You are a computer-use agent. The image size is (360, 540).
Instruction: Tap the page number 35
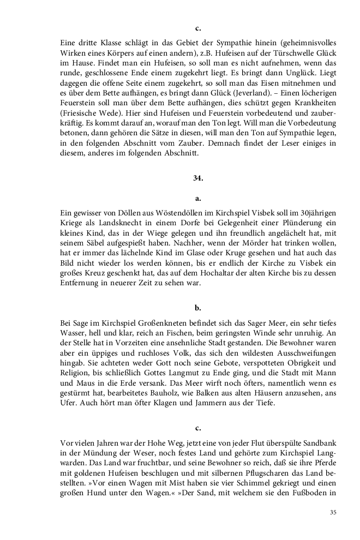[333, 512]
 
